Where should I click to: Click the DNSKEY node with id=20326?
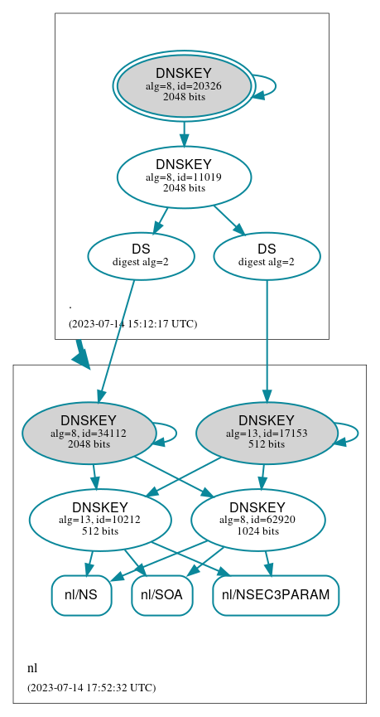coord(184,86)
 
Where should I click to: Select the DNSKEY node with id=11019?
coord(184,177)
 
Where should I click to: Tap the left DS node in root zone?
coord(141,256)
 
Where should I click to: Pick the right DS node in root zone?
coord(267,256)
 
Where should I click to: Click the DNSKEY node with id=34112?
coord(89,432)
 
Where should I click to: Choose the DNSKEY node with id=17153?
coord(267,432)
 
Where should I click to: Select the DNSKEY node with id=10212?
coord(99,520)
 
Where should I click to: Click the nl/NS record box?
coord(81,595)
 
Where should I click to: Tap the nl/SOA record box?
coord(162,595)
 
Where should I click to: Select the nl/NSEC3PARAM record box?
coord(276,595)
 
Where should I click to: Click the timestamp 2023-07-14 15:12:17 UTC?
coord(132,323)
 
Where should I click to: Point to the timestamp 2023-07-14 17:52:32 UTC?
coord(91,687)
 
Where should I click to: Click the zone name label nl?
coord(32,668)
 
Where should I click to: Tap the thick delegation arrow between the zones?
coord(80,354)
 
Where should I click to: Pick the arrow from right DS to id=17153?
coord(267,340)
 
